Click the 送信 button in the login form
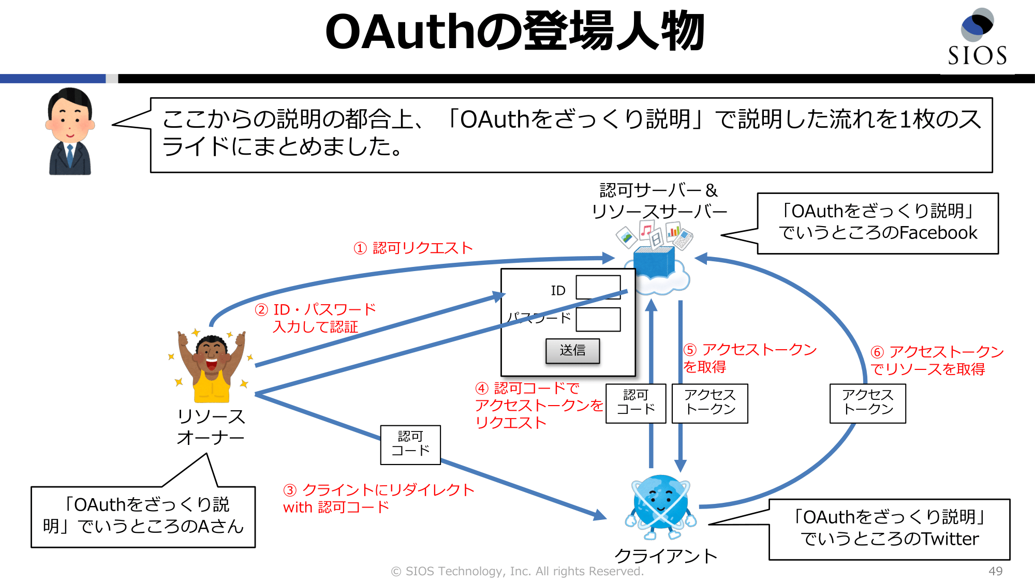coord(572,351)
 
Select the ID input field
coord(598,287)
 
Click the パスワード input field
coord(598,319)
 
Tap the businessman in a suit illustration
coord(70,131)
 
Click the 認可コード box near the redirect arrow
coord(410,444)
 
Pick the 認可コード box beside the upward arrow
coord(635,403)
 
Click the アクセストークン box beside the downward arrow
coord(709,403)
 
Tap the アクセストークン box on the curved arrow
coord(867,403)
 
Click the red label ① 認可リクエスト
coord(413,248)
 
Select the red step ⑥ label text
coord(937,361)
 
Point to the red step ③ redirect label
coord(378,498)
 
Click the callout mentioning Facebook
coord(878,223)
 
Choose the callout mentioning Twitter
coord(889,529)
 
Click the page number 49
coord(995,571)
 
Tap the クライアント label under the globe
coord(666,556)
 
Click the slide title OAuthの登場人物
coord(515,32)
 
